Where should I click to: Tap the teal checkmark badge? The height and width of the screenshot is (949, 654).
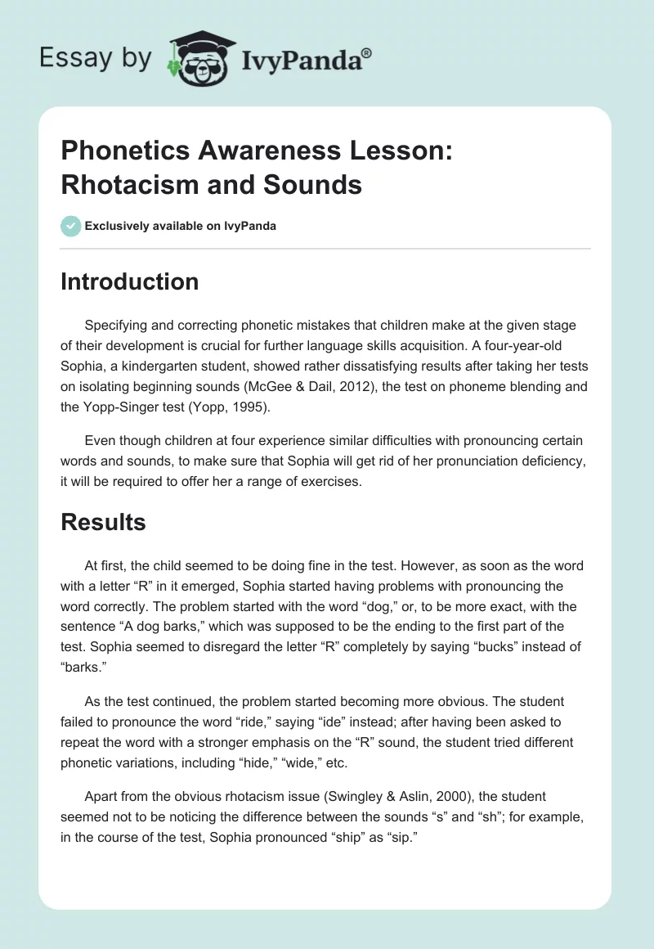pyautogui.click(x=71, y=226)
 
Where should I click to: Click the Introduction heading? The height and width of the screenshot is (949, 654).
pyautogui.click(x=129, y=281)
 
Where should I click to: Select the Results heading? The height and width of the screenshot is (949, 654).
pyautogui.click(x=103, y=522)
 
